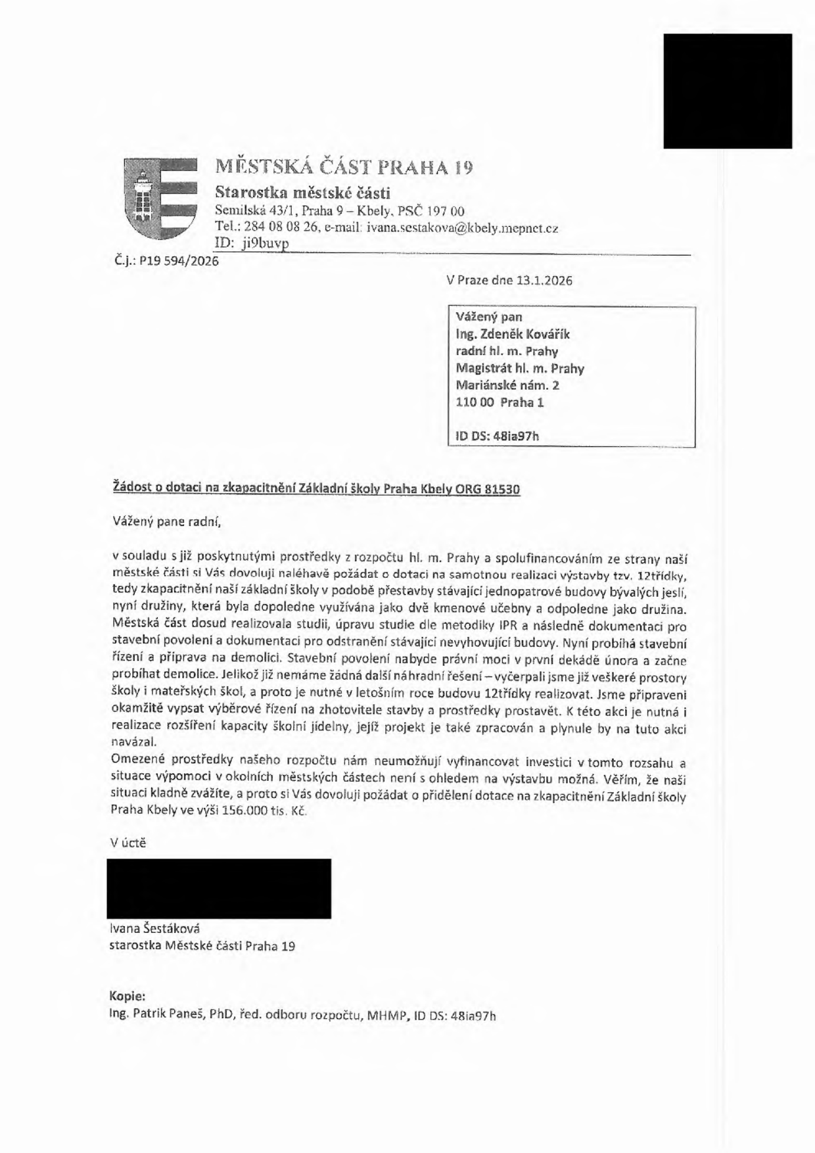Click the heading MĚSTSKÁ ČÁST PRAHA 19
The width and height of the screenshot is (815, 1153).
click(x=344, y=167)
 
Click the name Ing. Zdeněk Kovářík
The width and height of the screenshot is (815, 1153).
click(x=513, y=334)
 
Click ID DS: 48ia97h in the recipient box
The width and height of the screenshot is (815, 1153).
click(x=497, y=435)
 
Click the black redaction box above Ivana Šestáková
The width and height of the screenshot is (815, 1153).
click(x=219, y=888)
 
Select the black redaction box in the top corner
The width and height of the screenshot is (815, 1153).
click(x=728, y=91)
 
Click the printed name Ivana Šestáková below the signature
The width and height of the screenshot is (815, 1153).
click(x=155, y=929)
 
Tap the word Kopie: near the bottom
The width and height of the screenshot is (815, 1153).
click(x=128, y=996)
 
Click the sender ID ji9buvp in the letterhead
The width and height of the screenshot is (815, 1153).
click(x=266, y=243)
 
